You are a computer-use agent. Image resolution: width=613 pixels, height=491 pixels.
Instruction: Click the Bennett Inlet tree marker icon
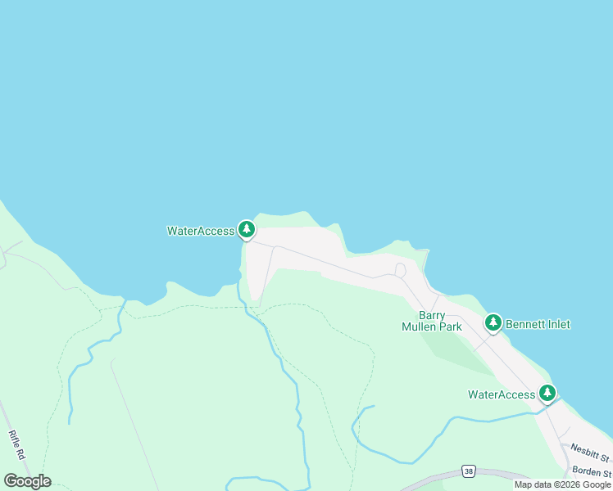tap(493, 323)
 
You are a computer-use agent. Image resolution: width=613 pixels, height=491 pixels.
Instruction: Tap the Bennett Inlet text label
tap(538, 324)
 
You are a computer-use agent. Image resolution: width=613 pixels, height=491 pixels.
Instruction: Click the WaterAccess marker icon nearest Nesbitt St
tap(547, 394)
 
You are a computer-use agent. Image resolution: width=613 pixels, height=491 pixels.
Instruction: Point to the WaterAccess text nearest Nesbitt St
tap(501, 394)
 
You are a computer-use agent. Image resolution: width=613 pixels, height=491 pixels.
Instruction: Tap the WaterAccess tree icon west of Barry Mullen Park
tap(247, 230)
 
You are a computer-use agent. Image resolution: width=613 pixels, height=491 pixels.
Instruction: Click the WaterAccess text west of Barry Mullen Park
tap(201, 231)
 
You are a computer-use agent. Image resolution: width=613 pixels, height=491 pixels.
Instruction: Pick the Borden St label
tap(593, 472)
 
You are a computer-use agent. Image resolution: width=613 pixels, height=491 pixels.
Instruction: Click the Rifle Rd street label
tap(18, 446)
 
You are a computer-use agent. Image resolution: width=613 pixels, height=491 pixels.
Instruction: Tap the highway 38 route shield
tap(468, 471)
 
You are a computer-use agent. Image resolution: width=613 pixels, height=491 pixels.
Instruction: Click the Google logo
tap(27, 481)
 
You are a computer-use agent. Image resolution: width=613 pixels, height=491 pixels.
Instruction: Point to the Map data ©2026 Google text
tap(562, 484)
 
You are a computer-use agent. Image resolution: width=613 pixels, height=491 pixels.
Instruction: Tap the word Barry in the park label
tap(432, 315)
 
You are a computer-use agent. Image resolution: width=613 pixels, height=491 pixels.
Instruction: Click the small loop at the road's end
tap(400, 270)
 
